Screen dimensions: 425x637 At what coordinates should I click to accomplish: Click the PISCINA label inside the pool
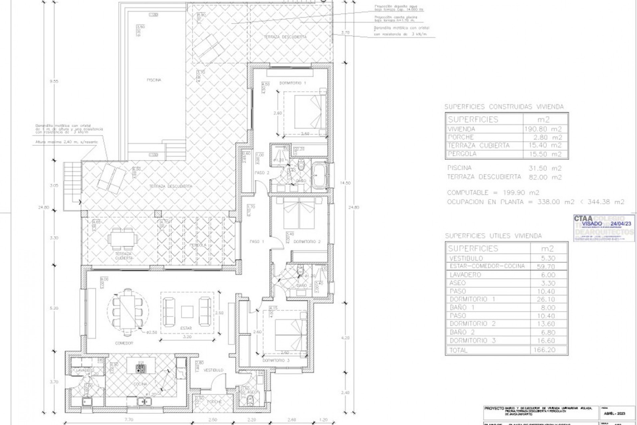tap(154, 80)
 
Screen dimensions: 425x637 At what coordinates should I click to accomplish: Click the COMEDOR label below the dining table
tap(124, 343)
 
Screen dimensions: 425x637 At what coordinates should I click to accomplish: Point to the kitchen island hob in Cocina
tap(140, 368)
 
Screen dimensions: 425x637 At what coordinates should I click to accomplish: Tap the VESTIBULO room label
tap(213, 370)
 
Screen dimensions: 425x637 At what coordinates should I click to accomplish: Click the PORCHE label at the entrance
tap(214, 402)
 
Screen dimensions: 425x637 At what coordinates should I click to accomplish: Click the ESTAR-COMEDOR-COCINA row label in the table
tap(487, 266)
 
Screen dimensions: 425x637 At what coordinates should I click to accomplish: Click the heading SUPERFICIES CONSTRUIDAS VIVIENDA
tap(504, 107)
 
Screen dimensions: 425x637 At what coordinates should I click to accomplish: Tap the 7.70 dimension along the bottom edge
tap(129, 420)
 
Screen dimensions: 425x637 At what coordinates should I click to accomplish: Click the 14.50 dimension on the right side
tap(345, 183)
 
